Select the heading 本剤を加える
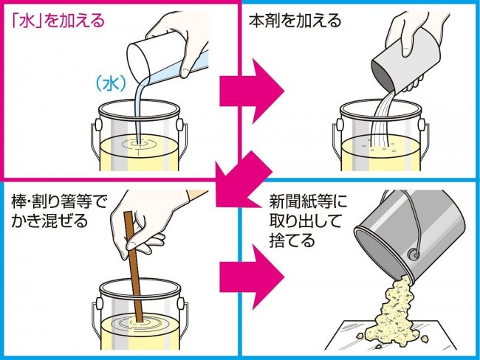(295, 21)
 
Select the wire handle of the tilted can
(417, 221)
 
